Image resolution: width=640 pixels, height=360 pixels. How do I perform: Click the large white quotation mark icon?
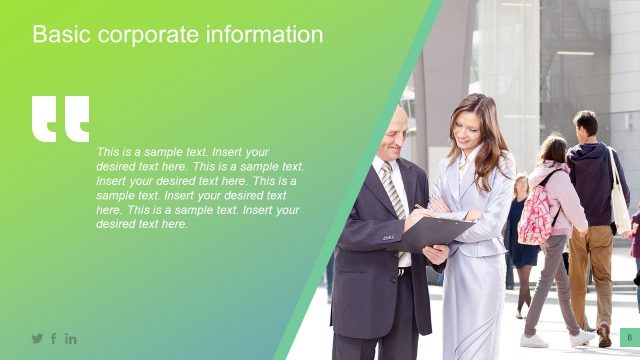click(60, 118)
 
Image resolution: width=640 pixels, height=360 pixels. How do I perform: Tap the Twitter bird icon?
click(37, 339)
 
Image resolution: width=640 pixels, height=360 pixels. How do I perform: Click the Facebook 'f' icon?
click(54, 339)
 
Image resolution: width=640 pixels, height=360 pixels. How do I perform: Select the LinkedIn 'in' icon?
click(71, 339)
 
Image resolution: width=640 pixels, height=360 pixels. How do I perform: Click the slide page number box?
click(629, 338)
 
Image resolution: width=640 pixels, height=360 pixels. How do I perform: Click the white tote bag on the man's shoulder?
click(619, 200)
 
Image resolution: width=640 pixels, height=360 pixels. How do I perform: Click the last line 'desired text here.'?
click(142, 225)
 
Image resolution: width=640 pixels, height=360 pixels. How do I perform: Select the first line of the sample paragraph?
click(183, 152)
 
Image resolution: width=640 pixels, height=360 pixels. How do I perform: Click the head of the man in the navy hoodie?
click(586, 124)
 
